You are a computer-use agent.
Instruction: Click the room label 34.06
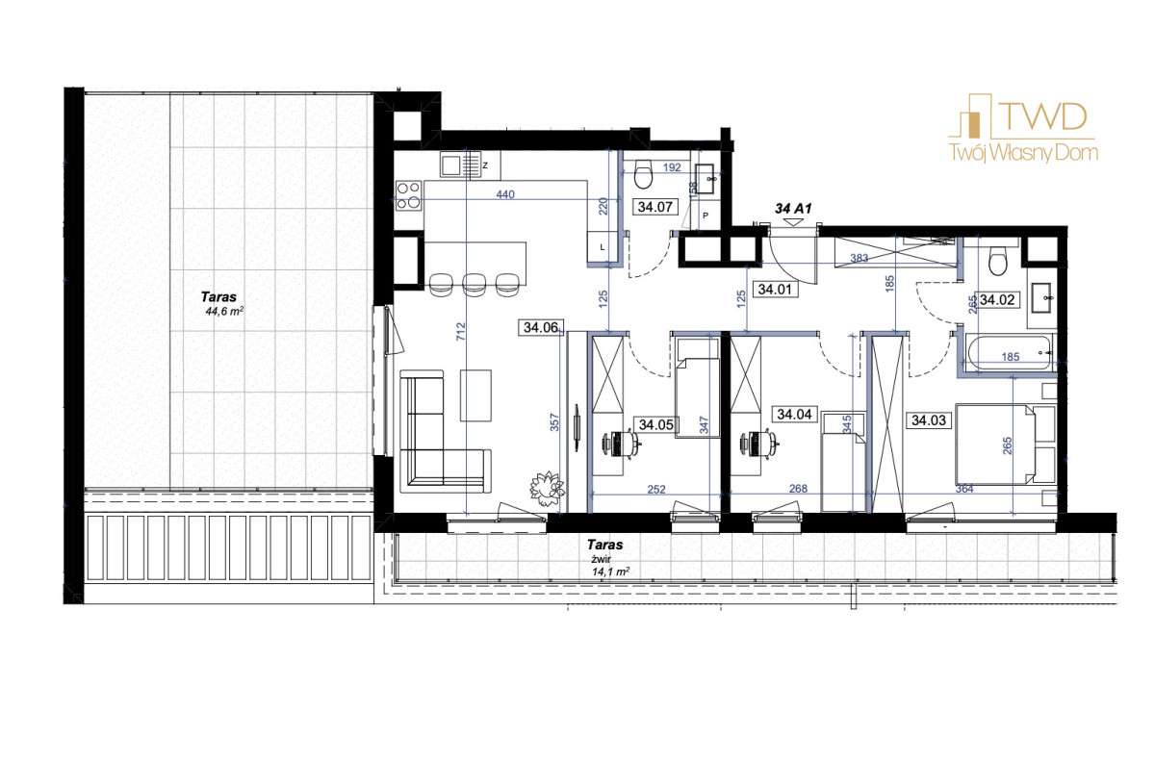tap(541, 328)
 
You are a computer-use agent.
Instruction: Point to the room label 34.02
tap(998, 299)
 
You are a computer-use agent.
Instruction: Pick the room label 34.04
tap(793, 416)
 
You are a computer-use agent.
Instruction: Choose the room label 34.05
tap(656, 424)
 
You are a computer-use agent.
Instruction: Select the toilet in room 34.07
tap(645, 173)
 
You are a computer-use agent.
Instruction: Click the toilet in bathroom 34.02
tap(998, 261)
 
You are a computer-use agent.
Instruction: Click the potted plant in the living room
tap(546, 486)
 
